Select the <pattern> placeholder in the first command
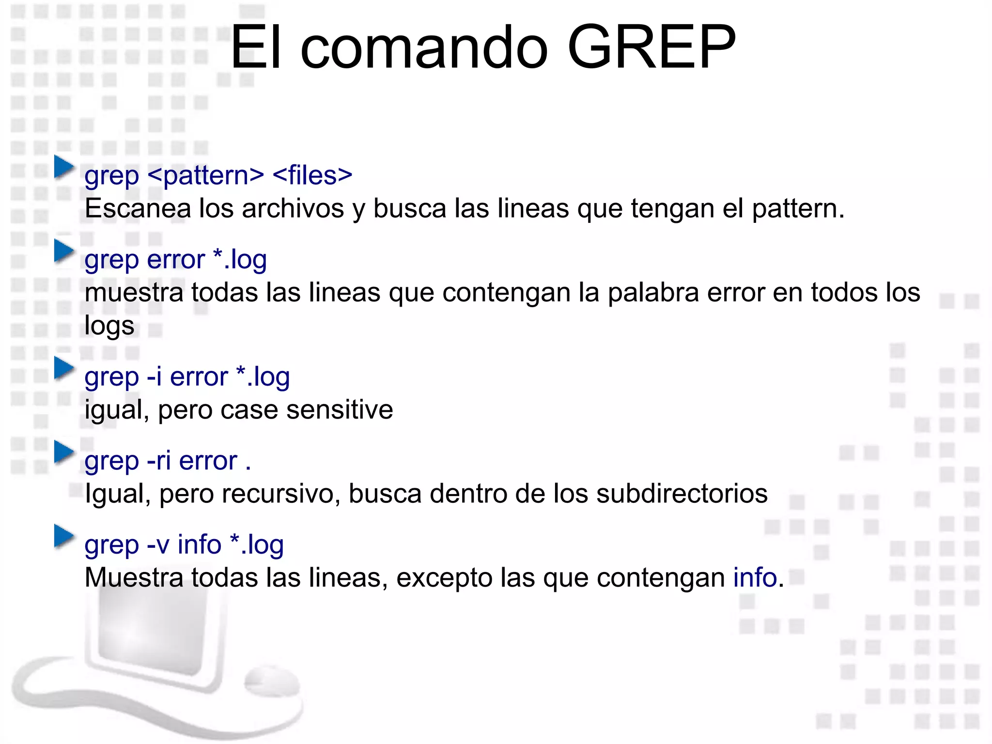(206, 175)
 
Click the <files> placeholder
(312, 175)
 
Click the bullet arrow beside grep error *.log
(64, 251)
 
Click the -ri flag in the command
(158, 461)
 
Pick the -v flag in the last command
(158, 545)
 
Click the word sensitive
(340, 410)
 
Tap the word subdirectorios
(682, 494)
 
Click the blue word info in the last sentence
(755, 578)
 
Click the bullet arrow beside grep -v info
(64, 536)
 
